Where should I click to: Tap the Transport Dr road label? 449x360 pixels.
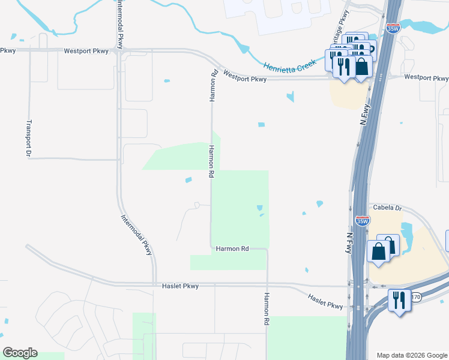point(28,139)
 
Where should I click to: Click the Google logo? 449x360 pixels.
point(20,352)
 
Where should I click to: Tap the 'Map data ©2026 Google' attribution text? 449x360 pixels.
point(411,355)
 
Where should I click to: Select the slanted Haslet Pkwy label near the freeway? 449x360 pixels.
point(326,301)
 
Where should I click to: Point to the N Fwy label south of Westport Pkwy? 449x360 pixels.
point(366,113)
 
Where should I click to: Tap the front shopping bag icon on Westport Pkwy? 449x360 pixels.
point(361,65)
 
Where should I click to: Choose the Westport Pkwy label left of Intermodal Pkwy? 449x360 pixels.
point(86,52)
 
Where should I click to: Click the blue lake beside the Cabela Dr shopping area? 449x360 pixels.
point(406,232)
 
